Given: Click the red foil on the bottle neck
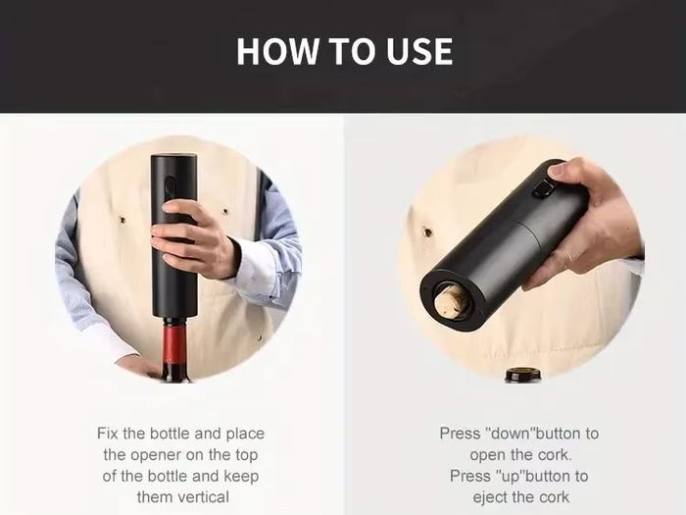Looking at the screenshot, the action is (174, 344).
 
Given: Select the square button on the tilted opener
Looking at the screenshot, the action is (543, 192).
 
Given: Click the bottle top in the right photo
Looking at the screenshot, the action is (522, 376).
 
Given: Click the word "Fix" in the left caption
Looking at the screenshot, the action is (108, 434).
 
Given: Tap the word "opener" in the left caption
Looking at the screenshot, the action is (156, 455).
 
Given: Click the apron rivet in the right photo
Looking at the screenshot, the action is (427, 232).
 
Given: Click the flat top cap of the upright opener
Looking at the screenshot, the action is (173, 155).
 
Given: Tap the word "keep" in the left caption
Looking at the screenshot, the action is (241, 477).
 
